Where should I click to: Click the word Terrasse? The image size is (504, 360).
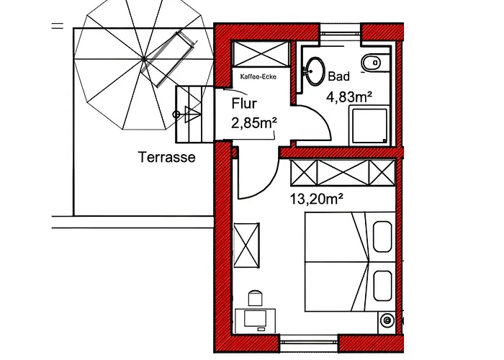(x=166, y=158)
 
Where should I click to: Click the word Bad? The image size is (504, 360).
(x=338, y=76)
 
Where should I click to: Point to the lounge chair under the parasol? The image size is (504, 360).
(x=166, y=58)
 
